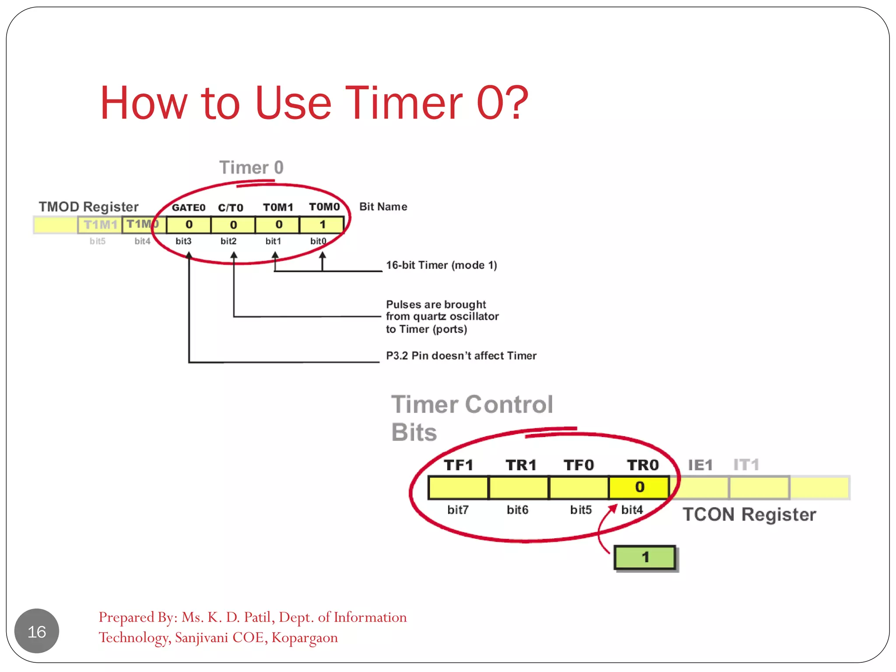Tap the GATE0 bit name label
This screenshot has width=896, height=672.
[188, 207]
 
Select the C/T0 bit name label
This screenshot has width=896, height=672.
[231, 208]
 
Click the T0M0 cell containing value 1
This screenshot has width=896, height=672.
[322, 225]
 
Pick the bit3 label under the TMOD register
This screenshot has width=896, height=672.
[183, 241]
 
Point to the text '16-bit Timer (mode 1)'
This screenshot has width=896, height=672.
[441, 265]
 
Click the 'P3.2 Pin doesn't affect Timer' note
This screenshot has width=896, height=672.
[461, 356]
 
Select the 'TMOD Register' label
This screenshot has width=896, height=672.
[88, 206]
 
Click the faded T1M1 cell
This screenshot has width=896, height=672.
[100, 225]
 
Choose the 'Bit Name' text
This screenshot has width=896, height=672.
[383, 206]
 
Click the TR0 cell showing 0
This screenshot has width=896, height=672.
[639, 487]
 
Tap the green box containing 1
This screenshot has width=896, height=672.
[645, 557]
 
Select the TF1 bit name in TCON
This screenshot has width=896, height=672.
[458, 465]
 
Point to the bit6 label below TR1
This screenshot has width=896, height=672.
[517, 510]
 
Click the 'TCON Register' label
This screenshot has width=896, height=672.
[749, 514]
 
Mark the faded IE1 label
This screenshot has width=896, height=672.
[700, 465]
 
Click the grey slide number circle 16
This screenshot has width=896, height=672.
[37, 631]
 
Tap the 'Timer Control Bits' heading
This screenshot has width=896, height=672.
[471, 418]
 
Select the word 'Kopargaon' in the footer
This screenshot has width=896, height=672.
[304, 637]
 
